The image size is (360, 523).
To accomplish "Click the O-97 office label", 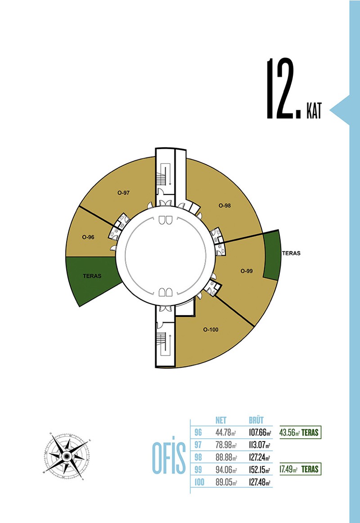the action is (x=123, y=193).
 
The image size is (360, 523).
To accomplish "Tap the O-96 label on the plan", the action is (x=88, y=237).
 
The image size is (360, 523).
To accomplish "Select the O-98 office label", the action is (x=225, y=205).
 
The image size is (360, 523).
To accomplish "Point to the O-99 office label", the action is (x=247, y=271).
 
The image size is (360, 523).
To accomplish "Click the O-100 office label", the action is (x=211, y=329).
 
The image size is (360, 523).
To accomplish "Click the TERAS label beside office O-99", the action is (x=291, y=253).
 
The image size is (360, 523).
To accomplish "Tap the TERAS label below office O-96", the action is (x=92, y=276).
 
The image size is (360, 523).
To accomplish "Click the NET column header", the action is (x=220, y=420).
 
